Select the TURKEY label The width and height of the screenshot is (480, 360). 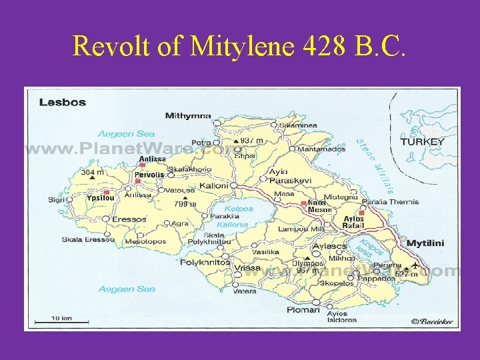pos(422,141)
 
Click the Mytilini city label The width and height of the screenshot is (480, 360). pos(425,243)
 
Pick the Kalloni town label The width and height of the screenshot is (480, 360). pos(214,185)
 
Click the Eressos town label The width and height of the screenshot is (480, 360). pos(129,219)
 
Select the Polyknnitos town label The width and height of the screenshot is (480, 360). pos(205,263)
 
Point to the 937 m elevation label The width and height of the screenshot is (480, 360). pos(251,141)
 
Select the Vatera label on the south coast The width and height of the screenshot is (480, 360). pos(245,291)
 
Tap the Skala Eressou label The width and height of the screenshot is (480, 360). pos(89,239)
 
